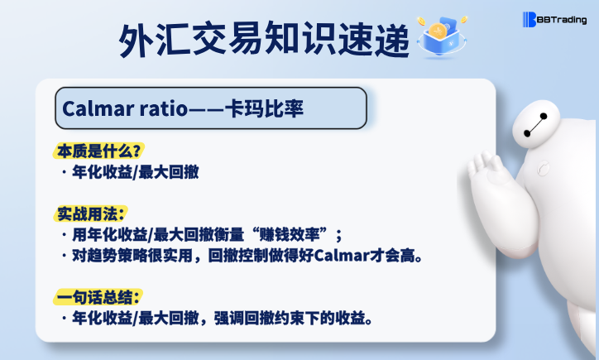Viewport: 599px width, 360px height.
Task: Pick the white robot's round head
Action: [x=535, y=125]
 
